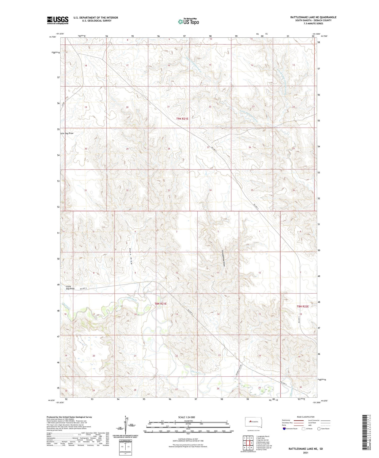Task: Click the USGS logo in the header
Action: (x=58, y=20)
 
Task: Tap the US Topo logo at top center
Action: (x=188, y=21)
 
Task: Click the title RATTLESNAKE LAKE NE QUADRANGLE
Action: (x=313, y=17)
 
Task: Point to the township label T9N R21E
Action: (x=182, y=118)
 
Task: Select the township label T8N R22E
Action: (x=303, y=306)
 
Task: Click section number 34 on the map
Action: (x=210, y=190)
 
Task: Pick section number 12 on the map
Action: (x=259, y=273)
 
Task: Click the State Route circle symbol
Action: (x=319, y=429)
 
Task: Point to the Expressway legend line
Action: (x=298, y=420)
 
